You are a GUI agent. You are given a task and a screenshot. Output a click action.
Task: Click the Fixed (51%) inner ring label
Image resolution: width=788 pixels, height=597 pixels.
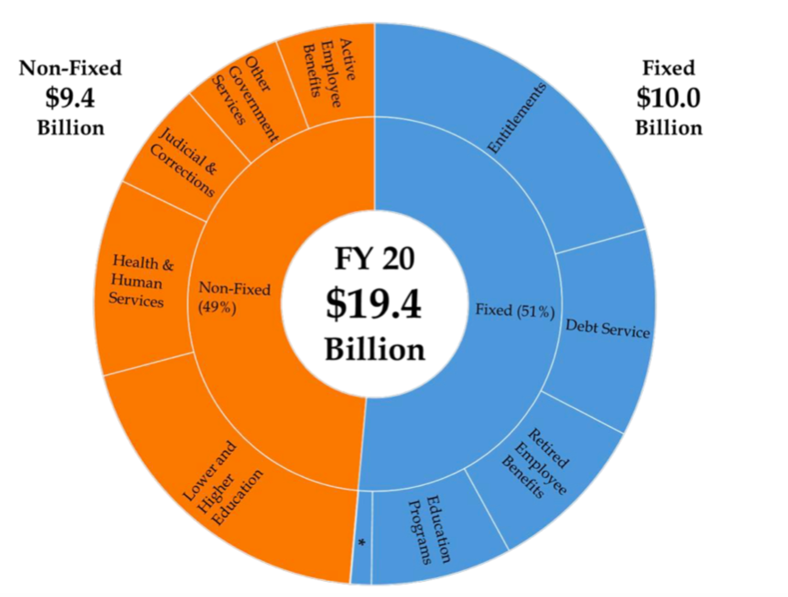[513, 311]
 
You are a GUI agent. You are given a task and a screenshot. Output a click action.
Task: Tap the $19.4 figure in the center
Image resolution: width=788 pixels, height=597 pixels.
[373, 304]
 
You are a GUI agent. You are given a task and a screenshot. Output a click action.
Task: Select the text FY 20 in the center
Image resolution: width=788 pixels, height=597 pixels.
[374, 259]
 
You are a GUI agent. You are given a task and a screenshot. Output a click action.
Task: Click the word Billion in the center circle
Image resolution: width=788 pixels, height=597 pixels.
[374, 348]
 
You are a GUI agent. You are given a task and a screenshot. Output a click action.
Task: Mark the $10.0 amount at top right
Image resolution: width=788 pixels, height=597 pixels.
[668, 97]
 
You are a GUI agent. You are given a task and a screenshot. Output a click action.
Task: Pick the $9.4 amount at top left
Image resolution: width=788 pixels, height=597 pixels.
[70, 97]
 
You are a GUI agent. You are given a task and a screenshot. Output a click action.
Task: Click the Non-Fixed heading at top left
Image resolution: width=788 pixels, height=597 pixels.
[70, 68]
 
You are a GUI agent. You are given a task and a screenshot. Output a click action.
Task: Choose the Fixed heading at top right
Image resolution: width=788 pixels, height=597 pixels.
[668, 68]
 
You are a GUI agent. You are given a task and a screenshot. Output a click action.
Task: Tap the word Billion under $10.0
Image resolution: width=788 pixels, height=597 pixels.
[668, 127]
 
